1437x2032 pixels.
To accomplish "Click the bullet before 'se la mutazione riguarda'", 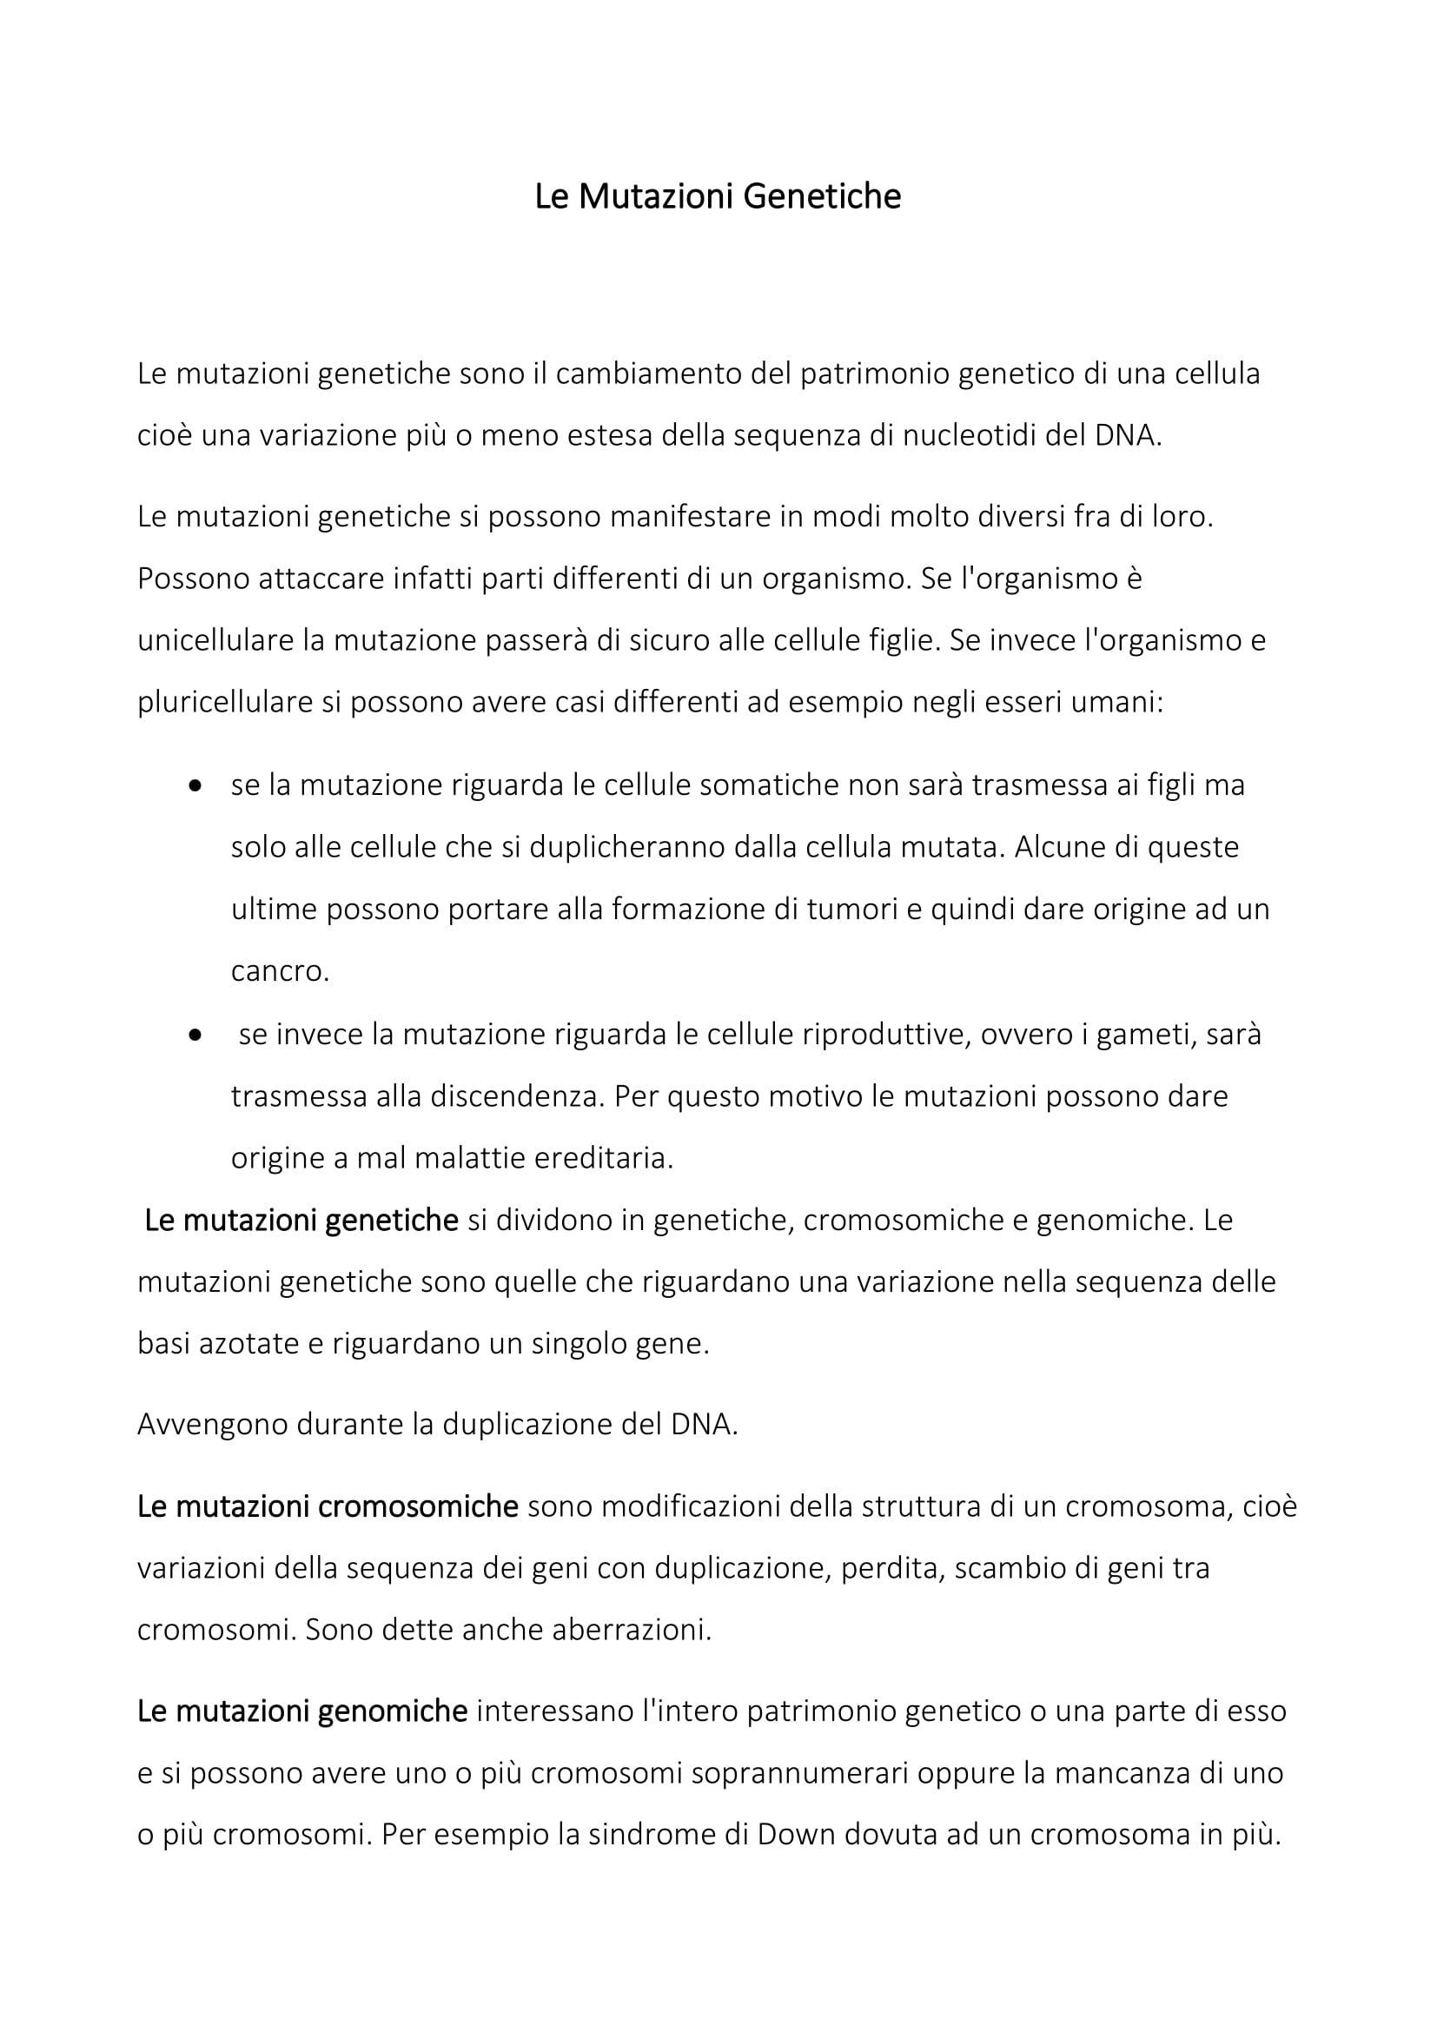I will click(x=195, y=786).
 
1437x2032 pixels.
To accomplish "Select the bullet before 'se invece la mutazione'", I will click(x=195, y=1035).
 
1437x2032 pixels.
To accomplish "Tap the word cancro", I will click(x=279, y=972).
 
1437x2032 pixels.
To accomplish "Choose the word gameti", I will click(x=1140, y=1035).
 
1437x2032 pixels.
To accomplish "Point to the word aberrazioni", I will click(x=631, y=1630).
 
